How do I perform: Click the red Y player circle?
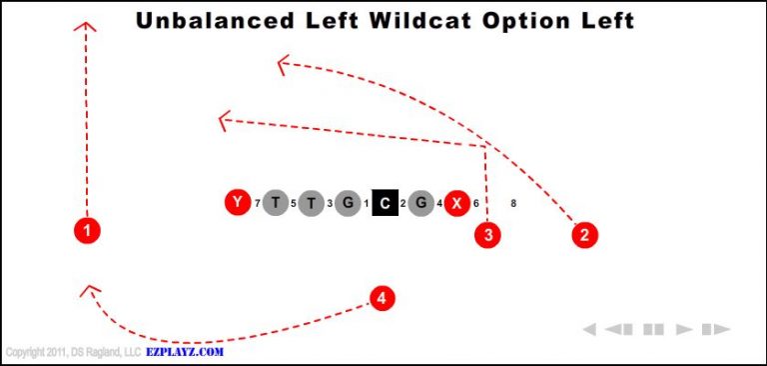[x=237, y=203]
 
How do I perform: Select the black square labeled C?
[x=384, y=203]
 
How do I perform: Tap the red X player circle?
[x=456, y=203]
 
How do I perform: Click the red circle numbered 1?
[x=87, y=231]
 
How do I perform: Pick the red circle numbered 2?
[x=584, y=235]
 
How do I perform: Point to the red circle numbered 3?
[x=487, y=235]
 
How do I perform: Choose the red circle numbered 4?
[x=382, y=297]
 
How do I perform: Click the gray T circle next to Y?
[x=275, y=203]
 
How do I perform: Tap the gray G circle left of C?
[x=348, y=203]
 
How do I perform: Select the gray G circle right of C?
[x=421, y=203]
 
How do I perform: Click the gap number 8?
[x=513, y=203]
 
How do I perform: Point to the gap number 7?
[x=257, y=204]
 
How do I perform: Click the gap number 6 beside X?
[x=476, y=204]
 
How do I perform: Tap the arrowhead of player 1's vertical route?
[x=87, y=27]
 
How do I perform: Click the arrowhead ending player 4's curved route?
[x=89, y=291]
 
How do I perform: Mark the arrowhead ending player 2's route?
[x=283, y=65]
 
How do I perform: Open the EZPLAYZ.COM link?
[x=185, y=352]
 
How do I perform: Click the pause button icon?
[x=654, y=329]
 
